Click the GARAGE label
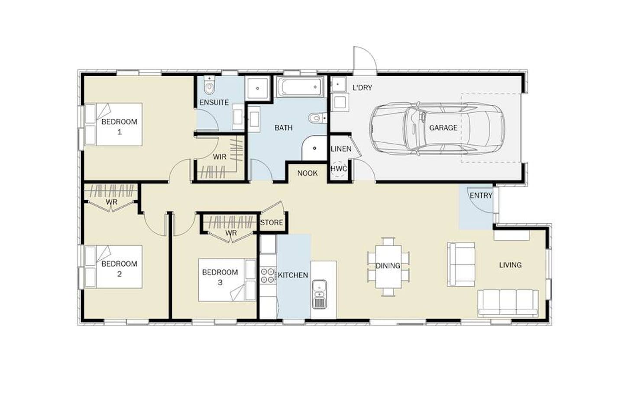443,128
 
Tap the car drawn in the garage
437,129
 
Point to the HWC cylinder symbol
339,169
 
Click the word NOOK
308,173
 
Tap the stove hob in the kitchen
268,275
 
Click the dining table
388,267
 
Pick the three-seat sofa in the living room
508,304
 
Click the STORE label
272,222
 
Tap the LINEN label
341,149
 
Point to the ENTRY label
481,196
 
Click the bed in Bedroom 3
227,280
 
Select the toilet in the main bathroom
317,118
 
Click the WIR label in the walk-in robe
220,157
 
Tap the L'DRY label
362,88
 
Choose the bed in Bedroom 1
113,124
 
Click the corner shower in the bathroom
314,148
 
